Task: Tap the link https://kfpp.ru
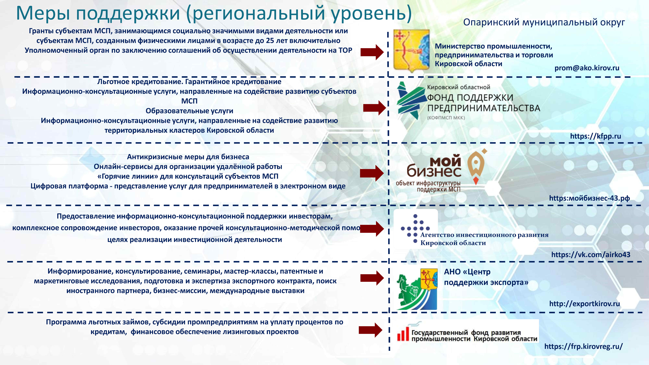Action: (595, 136)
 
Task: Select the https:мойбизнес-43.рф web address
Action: (589, 198)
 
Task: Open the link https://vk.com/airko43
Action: (591, 254)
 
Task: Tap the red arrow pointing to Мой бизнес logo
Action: (372, 173)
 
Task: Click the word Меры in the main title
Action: (43, 13)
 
